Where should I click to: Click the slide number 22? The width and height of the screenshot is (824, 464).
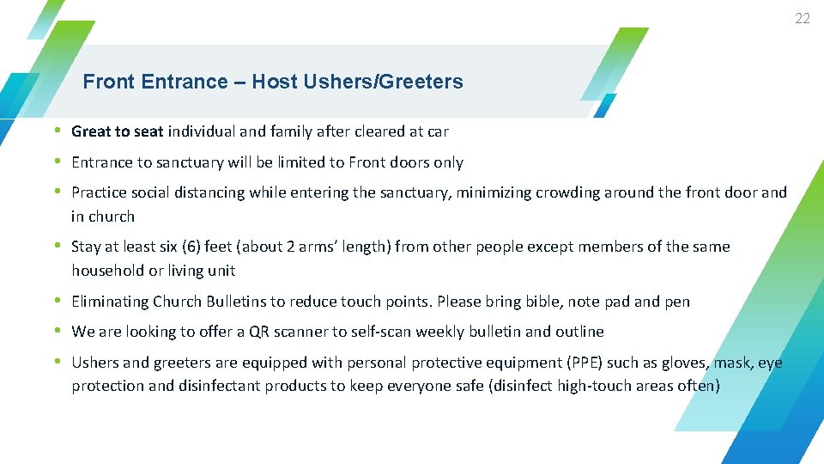click(802, 18)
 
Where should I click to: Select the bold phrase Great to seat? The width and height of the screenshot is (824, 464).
click(117, 131)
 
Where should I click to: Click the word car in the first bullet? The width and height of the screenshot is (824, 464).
click(438, 131)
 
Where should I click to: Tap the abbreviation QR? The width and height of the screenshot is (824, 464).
click(259, 332)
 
